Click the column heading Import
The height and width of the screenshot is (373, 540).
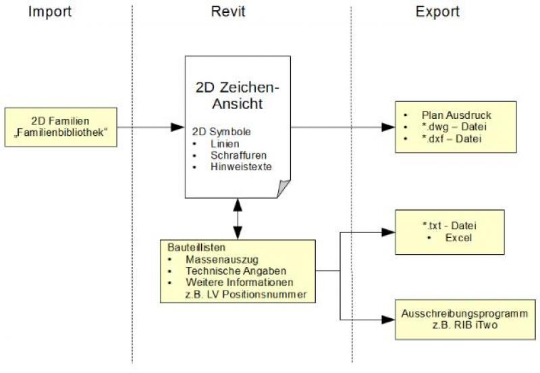pos(49,11)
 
